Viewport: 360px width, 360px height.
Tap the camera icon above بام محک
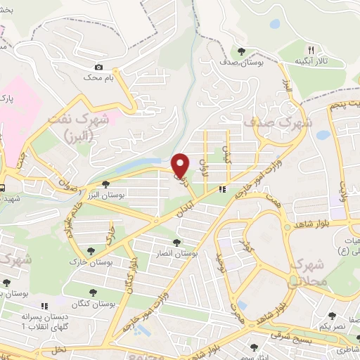[98, 67]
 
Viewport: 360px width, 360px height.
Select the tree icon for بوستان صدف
[241, 51]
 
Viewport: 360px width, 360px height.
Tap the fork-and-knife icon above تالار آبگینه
[310, 51]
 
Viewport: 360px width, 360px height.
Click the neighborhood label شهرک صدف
[266, 122]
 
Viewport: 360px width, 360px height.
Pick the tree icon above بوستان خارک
[90, 251]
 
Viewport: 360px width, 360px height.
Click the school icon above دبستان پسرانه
[44, 307]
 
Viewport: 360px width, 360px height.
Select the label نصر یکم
[333, 328]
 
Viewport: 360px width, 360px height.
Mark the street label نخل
[58, 349]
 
